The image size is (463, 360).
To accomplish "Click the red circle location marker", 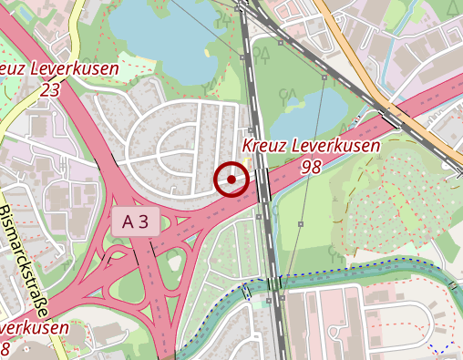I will [231, 180].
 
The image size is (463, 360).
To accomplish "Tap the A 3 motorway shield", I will [136, 221].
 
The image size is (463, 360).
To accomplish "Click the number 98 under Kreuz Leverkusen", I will [311, 167].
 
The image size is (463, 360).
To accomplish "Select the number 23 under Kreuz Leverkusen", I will [50, 89].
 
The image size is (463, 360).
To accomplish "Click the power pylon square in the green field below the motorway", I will [301, 223].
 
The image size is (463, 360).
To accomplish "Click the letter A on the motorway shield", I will [129, 221].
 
